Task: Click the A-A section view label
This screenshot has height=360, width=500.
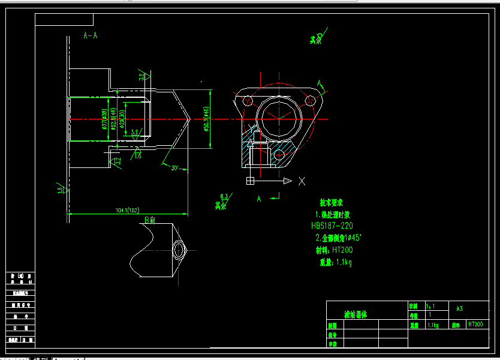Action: click(91, 35)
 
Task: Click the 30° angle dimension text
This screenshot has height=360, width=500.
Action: click(174, 167)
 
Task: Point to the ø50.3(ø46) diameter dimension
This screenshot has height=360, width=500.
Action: click(207, 120)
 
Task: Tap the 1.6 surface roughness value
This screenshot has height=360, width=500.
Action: click(138, 156)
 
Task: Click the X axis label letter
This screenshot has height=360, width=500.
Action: click(302, 181)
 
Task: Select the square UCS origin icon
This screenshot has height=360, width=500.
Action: click(251, 181)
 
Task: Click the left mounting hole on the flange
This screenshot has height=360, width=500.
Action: click(246, 100)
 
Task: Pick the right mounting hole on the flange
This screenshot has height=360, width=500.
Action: click(311, 100)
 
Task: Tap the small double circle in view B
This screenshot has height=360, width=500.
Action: click(179, 249)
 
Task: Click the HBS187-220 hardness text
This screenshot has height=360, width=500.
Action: click(332, 226)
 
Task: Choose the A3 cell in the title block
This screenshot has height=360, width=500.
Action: click(460, 308)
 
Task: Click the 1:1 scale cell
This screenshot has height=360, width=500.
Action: click(429, 306)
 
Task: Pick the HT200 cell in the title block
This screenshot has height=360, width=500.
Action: click(475, 324)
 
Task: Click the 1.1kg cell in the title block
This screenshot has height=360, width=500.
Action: click(433, 325)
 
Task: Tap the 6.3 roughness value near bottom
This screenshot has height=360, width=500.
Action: click(224, 196)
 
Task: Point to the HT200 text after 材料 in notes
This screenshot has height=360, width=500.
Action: click(342, 250)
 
